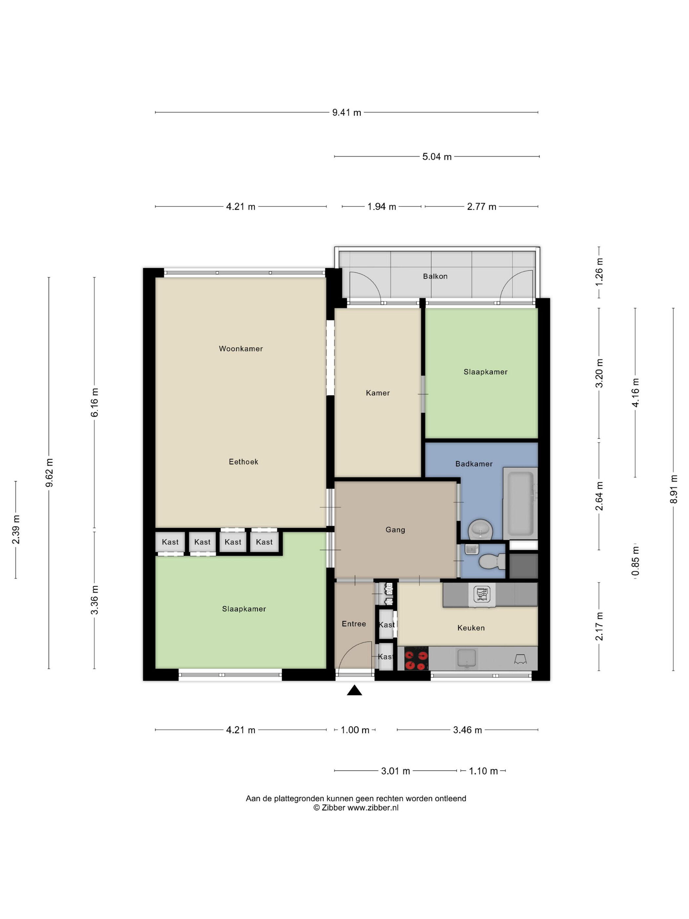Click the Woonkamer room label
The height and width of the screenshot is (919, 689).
tap(241, 349)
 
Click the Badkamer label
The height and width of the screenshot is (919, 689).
tap(474, 464)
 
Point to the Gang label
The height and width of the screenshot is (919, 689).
tap(395, 530)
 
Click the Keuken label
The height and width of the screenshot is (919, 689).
tap(471, 628)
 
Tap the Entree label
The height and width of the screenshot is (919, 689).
tap(354, 624)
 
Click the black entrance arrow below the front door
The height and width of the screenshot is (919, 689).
tap(354, 690)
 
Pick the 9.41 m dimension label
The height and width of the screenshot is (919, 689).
tap(346, 113)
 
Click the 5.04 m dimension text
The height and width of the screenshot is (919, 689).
tap(437, 157)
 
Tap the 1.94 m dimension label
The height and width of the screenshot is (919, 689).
tap(382, 207)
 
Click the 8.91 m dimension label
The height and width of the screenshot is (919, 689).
tap(674, 489)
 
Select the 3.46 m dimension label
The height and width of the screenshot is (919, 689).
tap(467, 730)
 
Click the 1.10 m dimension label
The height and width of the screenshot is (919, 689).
tap(483, 771)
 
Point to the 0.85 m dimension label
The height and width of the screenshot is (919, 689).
tap(636, 561)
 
